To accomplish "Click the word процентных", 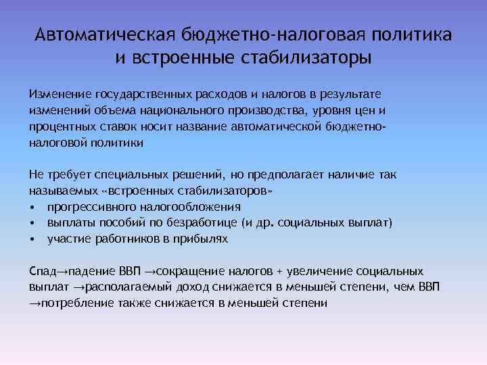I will (x=64, y=126).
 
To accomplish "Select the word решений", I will (x=202, y=174).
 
